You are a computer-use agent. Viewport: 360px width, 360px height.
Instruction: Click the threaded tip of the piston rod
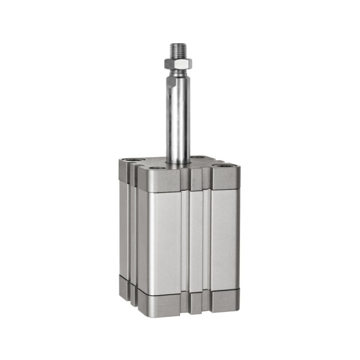(179, 49)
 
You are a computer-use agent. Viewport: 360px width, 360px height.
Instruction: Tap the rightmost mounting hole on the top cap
(223, 166)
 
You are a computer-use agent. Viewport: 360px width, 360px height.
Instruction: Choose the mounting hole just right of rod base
(198, 159)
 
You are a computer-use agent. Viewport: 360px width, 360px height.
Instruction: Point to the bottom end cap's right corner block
(225, 299)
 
